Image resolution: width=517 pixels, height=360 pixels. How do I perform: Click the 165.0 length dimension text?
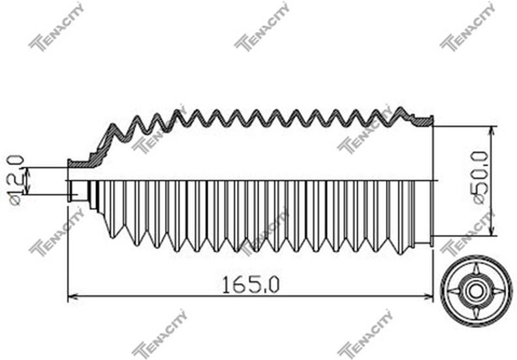tap(251, 284)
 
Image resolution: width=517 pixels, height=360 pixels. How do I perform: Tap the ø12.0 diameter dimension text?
tap(16, 180)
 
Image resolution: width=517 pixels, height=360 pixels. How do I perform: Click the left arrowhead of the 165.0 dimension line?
tap(72, 297)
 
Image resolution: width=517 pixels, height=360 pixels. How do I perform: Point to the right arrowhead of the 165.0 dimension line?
tap(428, 297)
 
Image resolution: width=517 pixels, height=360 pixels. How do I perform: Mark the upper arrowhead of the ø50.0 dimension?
tap(493, 131)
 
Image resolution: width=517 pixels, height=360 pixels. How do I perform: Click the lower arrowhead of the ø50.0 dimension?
tap(493, 231)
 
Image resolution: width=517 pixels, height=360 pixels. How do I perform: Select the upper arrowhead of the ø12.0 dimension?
tap(27, 172)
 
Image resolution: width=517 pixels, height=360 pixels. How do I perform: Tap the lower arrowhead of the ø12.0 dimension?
tap(27, 190)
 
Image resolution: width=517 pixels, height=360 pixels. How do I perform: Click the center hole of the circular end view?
tap(475, 291)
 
